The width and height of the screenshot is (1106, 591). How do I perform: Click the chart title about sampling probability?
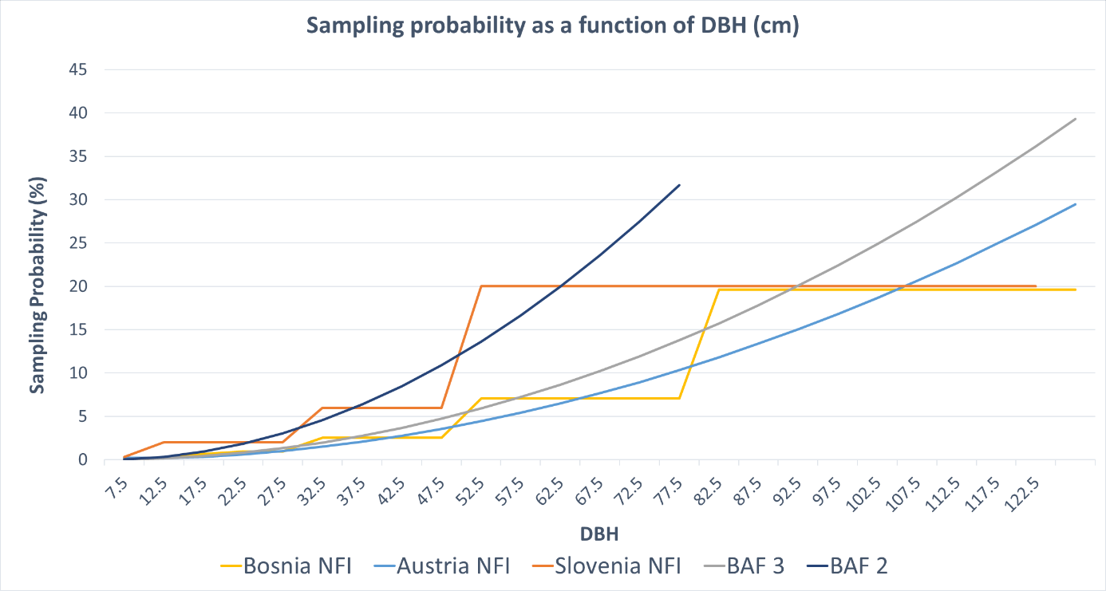point(553,26)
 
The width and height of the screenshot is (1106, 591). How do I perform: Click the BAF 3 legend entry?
point(754,565)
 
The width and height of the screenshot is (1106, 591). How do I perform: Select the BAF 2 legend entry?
point(859,565)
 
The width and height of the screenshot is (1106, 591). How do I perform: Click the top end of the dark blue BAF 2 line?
point(680,184)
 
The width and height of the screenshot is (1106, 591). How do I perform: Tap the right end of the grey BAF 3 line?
point(1076,119)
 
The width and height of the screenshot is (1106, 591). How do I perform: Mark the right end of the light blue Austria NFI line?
point(1076,204)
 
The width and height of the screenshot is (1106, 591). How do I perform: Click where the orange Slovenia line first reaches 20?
point(481,286)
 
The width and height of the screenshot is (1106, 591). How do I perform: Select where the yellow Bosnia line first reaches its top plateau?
point(719,290)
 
